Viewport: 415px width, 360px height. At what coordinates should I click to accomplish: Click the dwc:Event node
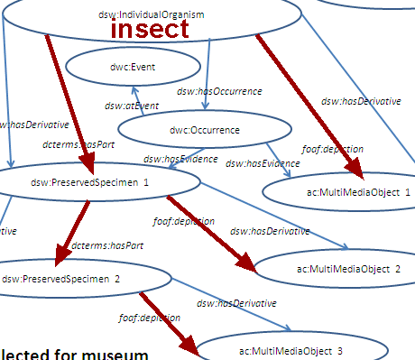(x=110, y=66)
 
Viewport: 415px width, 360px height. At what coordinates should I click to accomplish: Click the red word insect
(x=150, y=28)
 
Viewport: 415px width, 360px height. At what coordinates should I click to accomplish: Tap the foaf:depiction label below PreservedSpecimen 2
(x=149, y=318)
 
